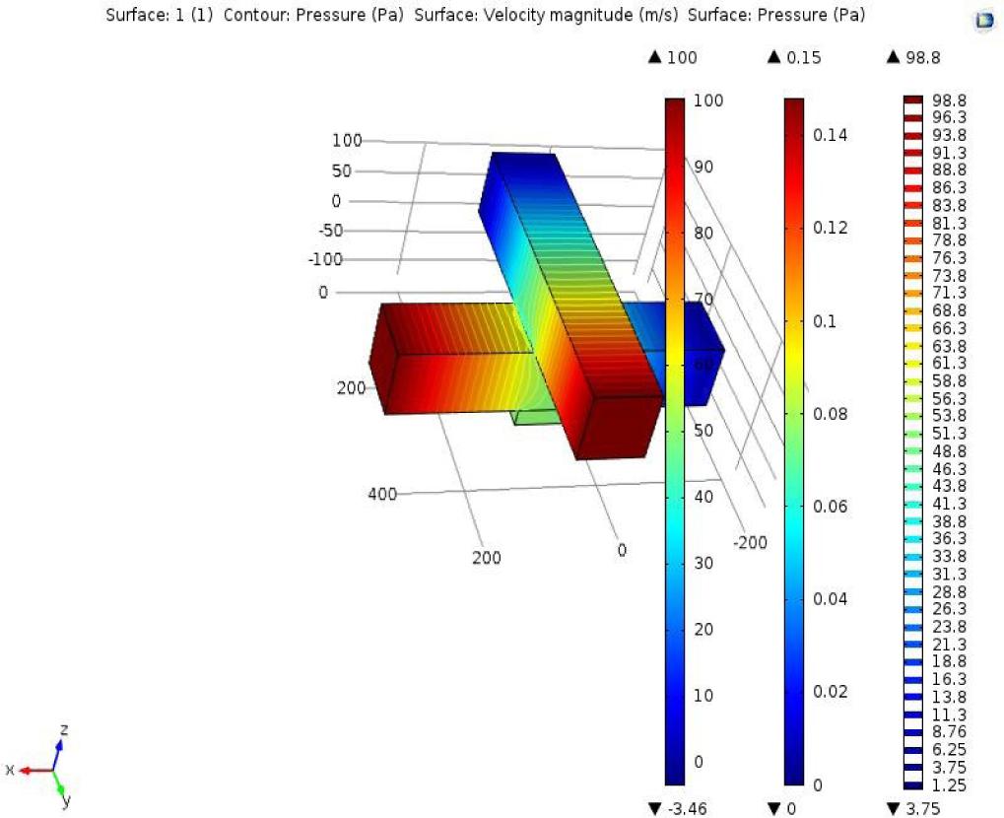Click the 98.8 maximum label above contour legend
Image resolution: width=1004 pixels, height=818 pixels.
(x=922, y=57)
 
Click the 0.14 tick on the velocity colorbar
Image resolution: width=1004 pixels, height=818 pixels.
(x=832, y=134)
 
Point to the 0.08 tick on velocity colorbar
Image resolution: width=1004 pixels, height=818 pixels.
(x=832, y=414)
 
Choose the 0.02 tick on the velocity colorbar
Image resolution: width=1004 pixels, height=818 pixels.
(x=832, y=692)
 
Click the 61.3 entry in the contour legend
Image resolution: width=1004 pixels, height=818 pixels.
(x=949, y=364)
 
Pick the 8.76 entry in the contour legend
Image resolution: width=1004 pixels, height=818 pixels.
(x=949, y=732)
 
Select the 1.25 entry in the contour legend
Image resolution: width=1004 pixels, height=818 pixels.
(x=949, y=785)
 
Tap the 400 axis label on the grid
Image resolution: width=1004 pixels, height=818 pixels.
(x=382, y=495)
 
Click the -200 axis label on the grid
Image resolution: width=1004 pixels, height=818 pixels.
(x=750, y=542)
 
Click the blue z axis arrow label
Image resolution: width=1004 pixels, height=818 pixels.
(x=64, y=729)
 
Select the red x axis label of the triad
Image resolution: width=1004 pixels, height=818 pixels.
(x=10, y=769)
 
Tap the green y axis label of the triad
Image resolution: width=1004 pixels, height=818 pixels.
(x=66, y=800)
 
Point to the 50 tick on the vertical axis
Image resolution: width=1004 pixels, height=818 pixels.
(x=342, y=170)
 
